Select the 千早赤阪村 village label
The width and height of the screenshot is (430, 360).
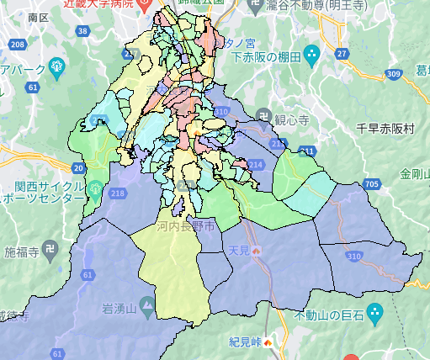click(386, 128)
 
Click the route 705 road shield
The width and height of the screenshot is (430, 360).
click(371, 185)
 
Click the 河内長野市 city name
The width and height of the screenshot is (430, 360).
click(185, 226)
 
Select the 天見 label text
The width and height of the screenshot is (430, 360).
click(239, 251)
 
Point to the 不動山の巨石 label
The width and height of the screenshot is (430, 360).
click(328, 315)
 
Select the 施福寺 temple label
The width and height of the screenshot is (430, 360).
click(22, 251)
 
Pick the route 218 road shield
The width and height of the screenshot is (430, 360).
click(116, 194)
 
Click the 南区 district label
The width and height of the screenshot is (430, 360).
click(38, 16)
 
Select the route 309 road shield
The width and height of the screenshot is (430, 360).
click(395, 74)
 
